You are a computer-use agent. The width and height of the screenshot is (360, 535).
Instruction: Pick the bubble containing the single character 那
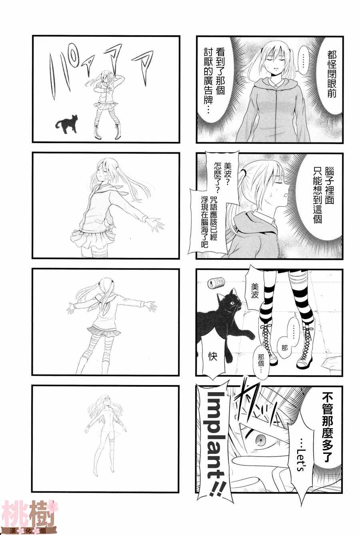(284, 348)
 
